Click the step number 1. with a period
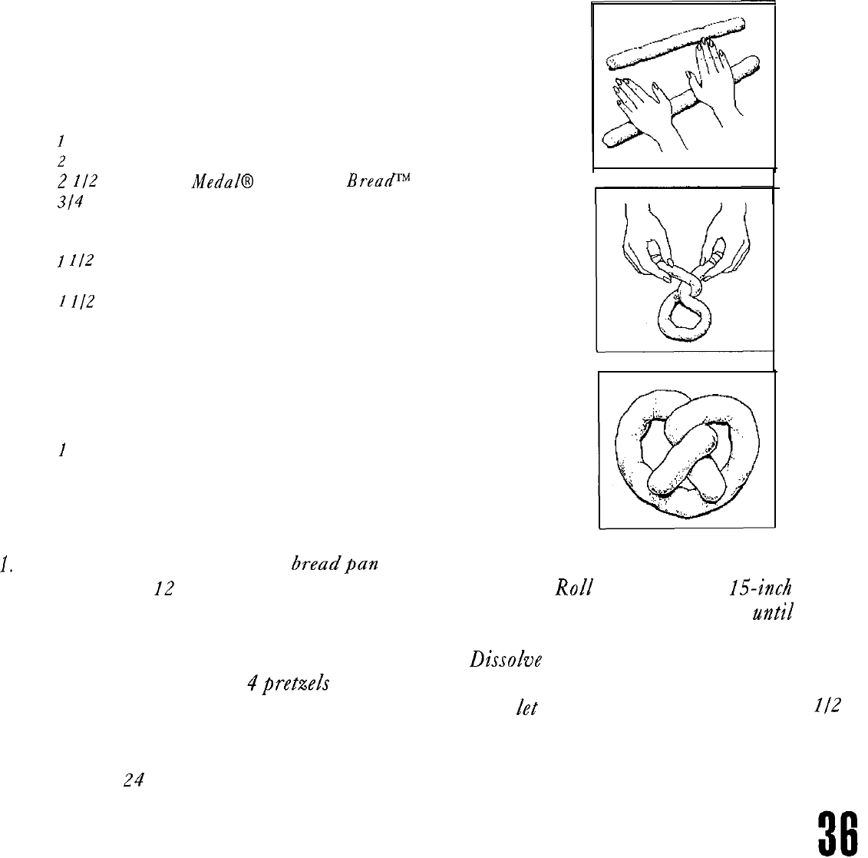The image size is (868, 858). [x=9, y=569]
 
